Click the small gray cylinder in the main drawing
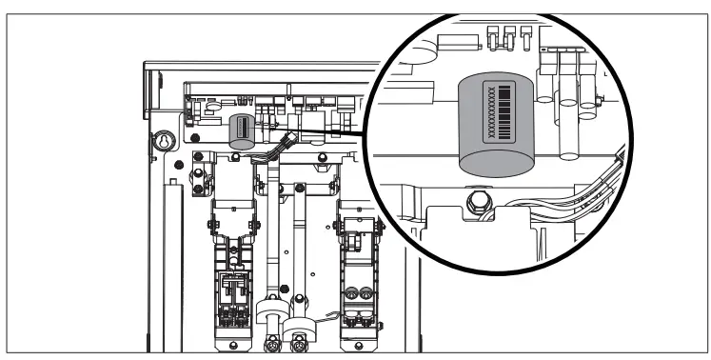click(242, 131)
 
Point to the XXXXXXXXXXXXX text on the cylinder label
click(492, 112)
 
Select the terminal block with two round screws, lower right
click(359, 296)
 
